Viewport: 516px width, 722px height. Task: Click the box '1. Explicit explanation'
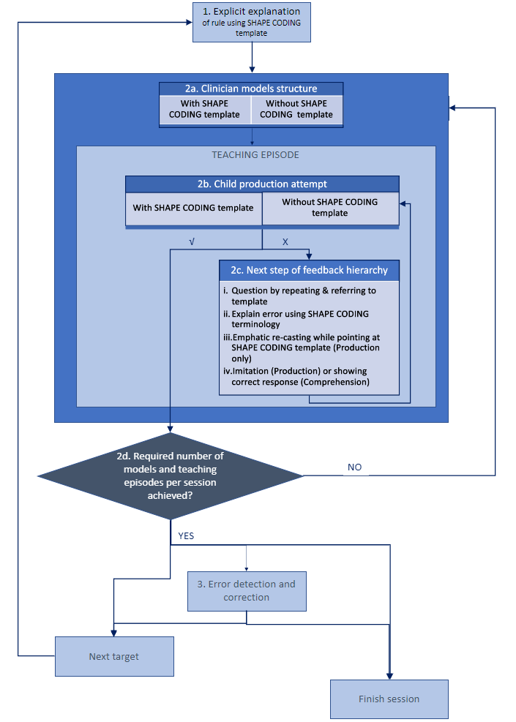pyautogui.click(x=252, y=22)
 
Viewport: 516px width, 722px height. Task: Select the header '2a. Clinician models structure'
pyautogui.click(x=251, y=89)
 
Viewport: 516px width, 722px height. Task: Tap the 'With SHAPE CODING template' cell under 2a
pyautogui.click(x=204, y=110)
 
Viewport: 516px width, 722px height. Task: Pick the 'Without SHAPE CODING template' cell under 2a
pyautogui.click(x=296, y=110)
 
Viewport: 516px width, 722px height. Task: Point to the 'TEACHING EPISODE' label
pyautogui.click(x=255, y=155)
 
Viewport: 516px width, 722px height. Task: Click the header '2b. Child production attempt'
pyautogui.click(x=262, y=184)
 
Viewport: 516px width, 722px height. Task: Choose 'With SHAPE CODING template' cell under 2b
pyautogui.click(x=193, y=208)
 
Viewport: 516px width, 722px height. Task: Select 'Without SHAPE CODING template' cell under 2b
pyautogui.click(x=330, y=208)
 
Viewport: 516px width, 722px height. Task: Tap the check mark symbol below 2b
pyautogui.click(x=192, y=241)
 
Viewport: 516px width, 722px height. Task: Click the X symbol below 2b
pyautogui.click(x=285, y=241)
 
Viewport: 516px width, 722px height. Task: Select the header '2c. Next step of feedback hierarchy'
pyautogui.click(x=309, y=270)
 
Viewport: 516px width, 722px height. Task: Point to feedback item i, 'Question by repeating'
pyautogui.click(x=299, y=296)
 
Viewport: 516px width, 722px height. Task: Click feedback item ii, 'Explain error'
pyautogui.click(x=296, y=319)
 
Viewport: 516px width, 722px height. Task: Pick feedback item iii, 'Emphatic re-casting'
pyautogui.click(x=302, y=347)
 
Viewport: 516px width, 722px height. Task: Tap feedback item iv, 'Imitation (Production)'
pyautogui.click(x=296, y=377)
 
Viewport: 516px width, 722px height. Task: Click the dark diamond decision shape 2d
pyautogui.click(x=170, y=475)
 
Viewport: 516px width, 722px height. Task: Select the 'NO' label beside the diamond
pyautogui.click(x=355, y=467)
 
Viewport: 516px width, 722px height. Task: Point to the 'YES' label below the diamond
pyautogui.click(x=186, y=536)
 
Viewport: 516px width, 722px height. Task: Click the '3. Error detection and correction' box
pyautogui.click(x=247, y=591)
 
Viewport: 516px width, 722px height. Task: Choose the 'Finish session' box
pyautogui.click(x=389, y=699)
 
